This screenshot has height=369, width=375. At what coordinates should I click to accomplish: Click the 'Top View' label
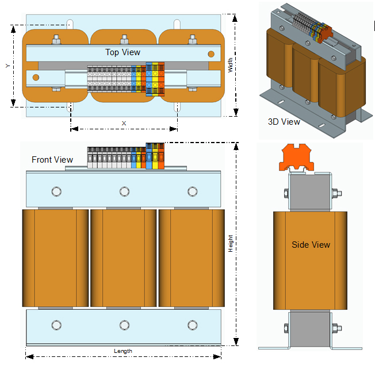123,52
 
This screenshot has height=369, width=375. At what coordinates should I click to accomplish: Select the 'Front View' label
52,159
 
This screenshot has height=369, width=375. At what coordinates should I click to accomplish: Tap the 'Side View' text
311,245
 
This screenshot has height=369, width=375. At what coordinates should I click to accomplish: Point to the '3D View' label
284,122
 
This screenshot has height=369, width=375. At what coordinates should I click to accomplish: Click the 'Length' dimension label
123,351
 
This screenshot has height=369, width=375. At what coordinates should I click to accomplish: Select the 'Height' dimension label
231,243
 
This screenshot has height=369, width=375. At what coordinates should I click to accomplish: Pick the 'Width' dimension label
231,68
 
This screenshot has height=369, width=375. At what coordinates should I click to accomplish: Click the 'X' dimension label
124,123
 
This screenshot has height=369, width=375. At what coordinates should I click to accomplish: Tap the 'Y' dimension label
7,66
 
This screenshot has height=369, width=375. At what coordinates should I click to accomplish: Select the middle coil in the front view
124,258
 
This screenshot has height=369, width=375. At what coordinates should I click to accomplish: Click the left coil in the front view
55,258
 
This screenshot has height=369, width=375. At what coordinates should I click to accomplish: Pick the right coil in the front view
192,258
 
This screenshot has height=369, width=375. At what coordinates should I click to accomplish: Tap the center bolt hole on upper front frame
124,191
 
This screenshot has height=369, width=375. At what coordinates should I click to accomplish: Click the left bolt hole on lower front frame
56,326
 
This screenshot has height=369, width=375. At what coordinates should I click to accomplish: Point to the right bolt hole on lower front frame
192,326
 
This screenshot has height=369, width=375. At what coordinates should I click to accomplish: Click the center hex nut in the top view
124,40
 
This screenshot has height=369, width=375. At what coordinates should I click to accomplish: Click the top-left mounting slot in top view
70,24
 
